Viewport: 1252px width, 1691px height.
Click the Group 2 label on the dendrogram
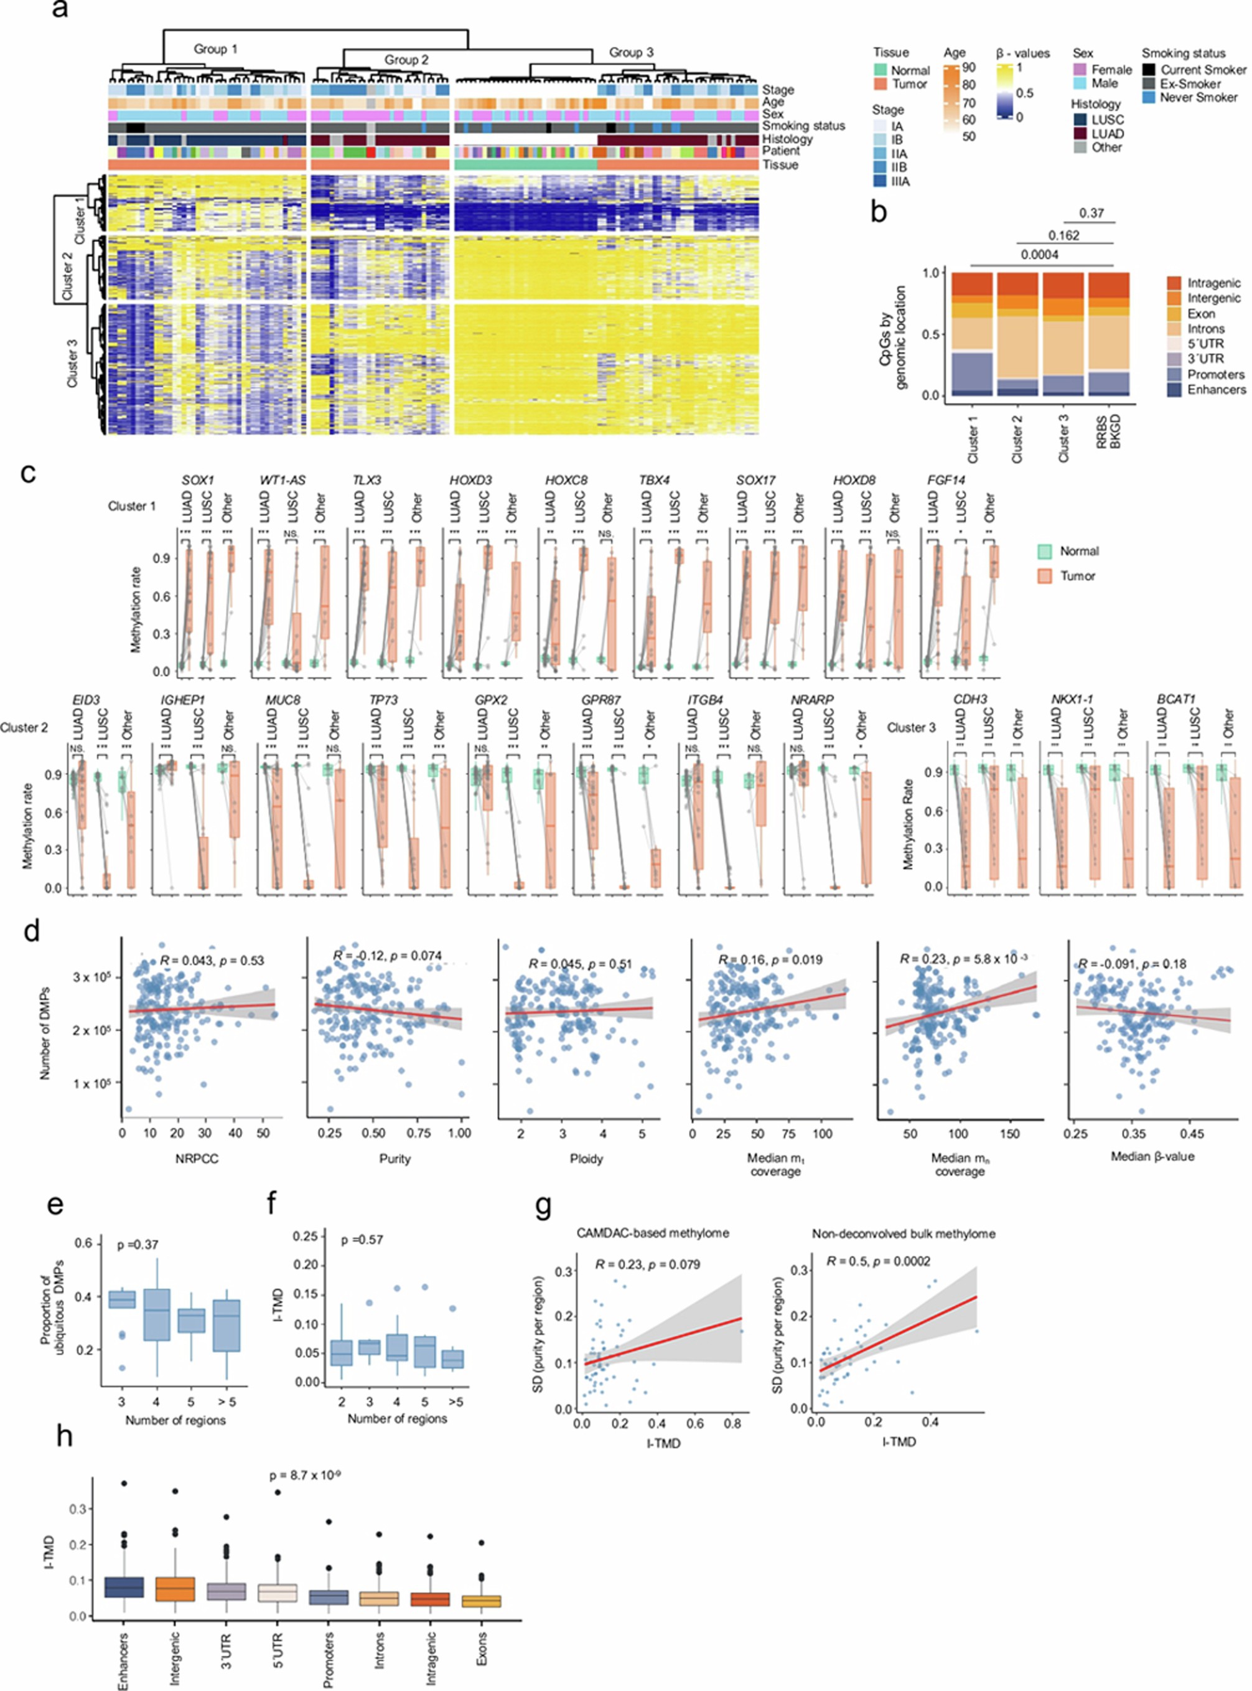coord(406,60)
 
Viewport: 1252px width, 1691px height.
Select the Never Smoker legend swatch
coord(1149,98)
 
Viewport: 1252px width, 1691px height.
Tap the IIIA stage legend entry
coord(880,181)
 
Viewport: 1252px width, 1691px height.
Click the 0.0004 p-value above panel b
coord(1039,255)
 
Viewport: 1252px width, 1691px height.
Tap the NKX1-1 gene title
coord(1072,699)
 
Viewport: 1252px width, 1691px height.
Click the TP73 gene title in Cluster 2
coord(385,699)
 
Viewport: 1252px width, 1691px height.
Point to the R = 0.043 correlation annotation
coord(211,961)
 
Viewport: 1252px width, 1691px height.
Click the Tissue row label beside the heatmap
coord(780,164)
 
